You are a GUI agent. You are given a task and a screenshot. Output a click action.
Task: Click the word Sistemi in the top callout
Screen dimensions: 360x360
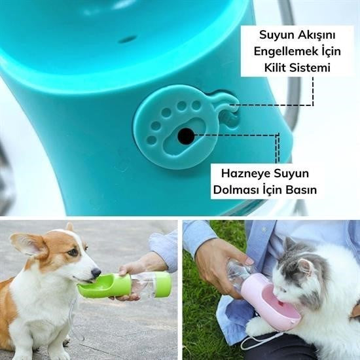[x=308, y=67]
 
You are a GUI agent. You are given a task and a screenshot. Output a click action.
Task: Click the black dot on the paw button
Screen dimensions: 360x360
[x=186, y=135]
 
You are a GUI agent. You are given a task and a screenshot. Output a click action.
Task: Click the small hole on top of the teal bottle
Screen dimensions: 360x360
[x=128, y=39]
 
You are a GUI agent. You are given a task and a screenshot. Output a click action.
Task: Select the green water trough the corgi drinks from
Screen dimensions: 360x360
[x=105, y=286]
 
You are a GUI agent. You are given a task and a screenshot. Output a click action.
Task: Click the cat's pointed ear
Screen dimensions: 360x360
[x=288, y=245]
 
